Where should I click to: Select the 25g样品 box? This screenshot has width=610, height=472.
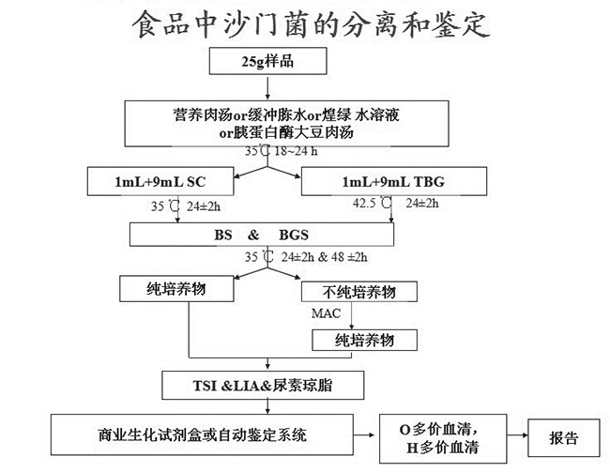click(x=269, y=64)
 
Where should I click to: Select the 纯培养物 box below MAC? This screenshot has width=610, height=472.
click(x=365, y=340)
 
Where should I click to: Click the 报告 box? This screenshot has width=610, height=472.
click(x=564, y=437)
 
